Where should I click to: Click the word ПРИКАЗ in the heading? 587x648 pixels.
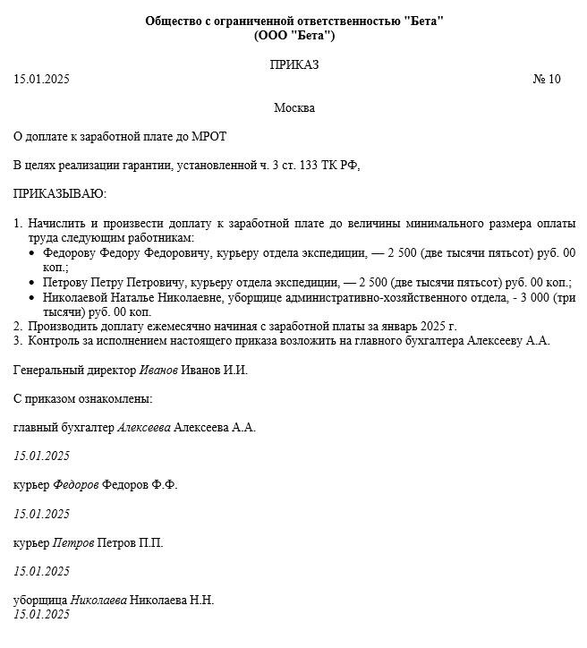294,64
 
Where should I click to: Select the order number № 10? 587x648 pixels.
546,79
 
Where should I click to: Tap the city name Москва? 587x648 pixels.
294,107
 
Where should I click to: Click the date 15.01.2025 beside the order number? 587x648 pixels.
41,79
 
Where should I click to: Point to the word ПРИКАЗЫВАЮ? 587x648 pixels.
59,193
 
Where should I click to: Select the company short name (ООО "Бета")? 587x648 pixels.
294,36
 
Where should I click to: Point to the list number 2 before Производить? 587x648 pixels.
17,326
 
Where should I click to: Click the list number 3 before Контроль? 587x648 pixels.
17,340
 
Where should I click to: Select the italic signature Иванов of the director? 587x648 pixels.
158,370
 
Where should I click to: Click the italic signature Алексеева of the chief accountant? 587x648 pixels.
144,427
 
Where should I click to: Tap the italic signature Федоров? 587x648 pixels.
76,484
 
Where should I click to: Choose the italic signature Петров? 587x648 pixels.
72,542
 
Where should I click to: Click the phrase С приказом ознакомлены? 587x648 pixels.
83,398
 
